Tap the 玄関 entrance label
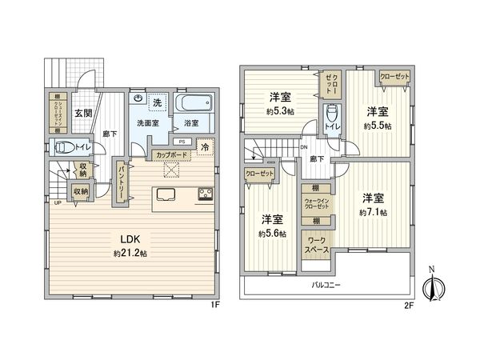pyautogui.click(x=83, y=113)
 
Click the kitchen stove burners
pyautogui.click(x=205, y=192)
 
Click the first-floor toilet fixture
pyautogui.click(x=62, y=147)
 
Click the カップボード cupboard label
pyautogui.click(x=172, y=154)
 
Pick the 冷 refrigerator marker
pyautogui.click(x=205, y=147)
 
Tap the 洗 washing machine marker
pyautogui.click(x=158, y=102)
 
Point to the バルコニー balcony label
pyautogui.click(x=328, y=284)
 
